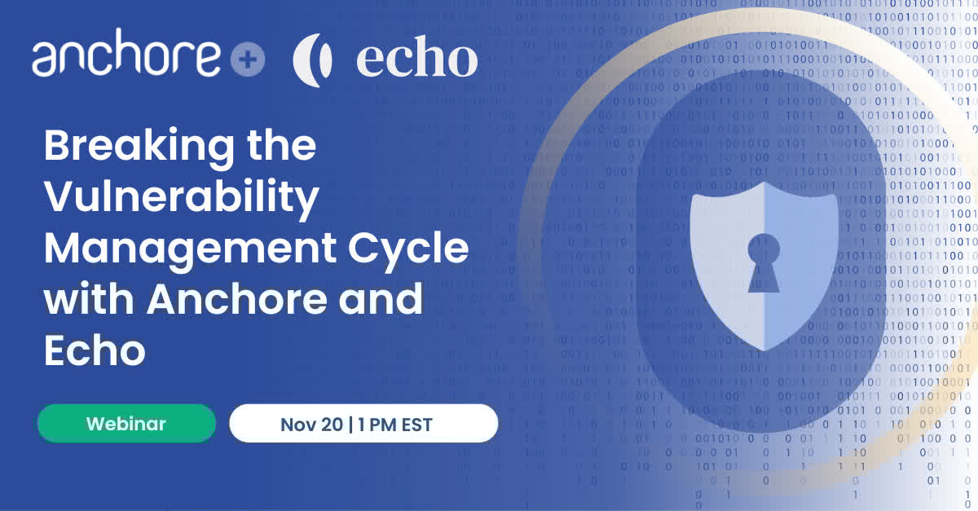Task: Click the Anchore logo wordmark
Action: point(126,56)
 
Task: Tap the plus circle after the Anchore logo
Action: point(247,60)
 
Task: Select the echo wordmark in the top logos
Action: point(416,59)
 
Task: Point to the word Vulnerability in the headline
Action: point(181,198)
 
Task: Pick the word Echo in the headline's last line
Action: point(95,350)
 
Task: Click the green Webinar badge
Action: point(126,424)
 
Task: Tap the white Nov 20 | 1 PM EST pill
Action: point(363,424)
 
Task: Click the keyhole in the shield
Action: point(764,259)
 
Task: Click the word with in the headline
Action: point(89,300)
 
